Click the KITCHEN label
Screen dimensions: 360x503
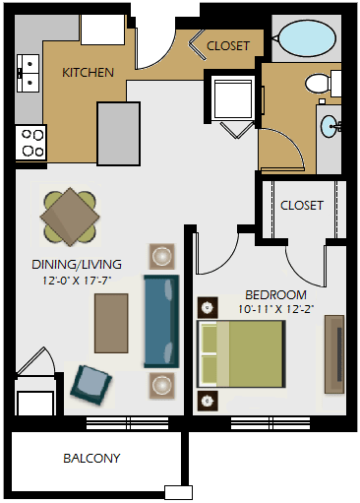coord(88,73)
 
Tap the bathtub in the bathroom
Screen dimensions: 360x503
coord(307,38)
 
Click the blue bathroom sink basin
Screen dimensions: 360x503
coord(330,126)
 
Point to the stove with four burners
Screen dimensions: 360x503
coord(31,143)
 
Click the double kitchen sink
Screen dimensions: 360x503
coord(29,73)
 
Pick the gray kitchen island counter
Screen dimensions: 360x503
coord(118,134)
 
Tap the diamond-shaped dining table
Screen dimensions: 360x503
coord(70,217)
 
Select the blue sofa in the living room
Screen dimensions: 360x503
coord(161,321)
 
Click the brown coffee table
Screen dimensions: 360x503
coord(111,323)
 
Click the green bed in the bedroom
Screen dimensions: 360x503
coord(241,354)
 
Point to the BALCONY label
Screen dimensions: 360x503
coord(91,458)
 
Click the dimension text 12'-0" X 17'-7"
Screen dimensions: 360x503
coord(77,281)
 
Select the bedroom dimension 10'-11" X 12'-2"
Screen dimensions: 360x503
coord(276,309)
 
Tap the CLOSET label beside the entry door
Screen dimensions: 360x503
coord(228,46)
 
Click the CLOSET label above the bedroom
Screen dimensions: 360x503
coord(302,206)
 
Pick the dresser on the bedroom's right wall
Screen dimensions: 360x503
coord(334,354)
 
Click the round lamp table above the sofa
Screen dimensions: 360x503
coord(161,256)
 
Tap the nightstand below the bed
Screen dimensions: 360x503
coord(208,401)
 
